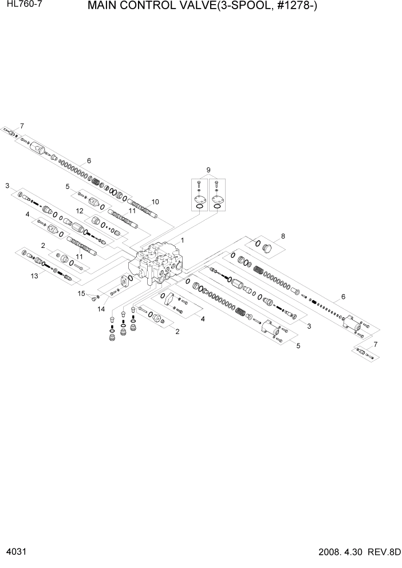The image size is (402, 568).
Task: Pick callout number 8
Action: pyautogui.click(x=283, y=236)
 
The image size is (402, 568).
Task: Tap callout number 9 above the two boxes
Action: pyautogui.click(x=208, y=169)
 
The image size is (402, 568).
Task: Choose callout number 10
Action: pyautogui.click(x=155, y=202)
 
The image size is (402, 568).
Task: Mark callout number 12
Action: pyautogui.click(x=81, y=211)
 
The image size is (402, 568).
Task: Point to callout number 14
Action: pyautogui.click(x=101, y=310)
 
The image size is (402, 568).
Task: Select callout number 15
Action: pyautogui.click(x=81, y=293)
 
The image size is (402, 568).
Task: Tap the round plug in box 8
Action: pyautogui.click(x=267, y=249)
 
